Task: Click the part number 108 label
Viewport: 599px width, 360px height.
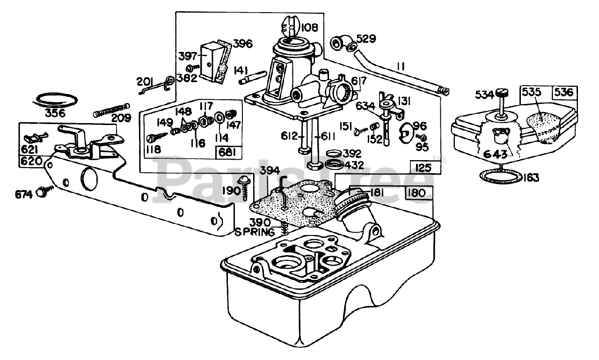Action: tap(310, 27)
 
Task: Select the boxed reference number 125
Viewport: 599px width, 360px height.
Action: tap(424, 168)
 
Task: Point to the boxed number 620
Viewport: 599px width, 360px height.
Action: tap(31, 162)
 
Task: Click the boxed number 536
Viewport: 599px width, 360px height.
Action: tap(564, 92)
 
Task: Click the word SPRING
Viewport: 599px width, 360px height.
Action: tap(254, 232)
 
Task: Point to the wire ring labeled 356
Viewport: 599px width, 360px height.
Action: tap(56, 101)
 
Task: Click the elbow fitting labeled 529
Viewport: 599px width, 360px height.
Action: tap(343, 43)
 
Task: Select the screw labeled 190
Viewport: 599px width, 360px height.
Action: tap(245, 187)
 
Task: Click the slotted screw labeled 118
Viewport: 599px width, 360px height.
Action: tap(158, 136)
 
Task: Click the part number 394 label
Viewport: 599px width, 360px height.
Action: tap(270, 170)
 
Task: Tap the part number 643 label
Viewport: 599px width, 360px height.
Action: tap(495, 154)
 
